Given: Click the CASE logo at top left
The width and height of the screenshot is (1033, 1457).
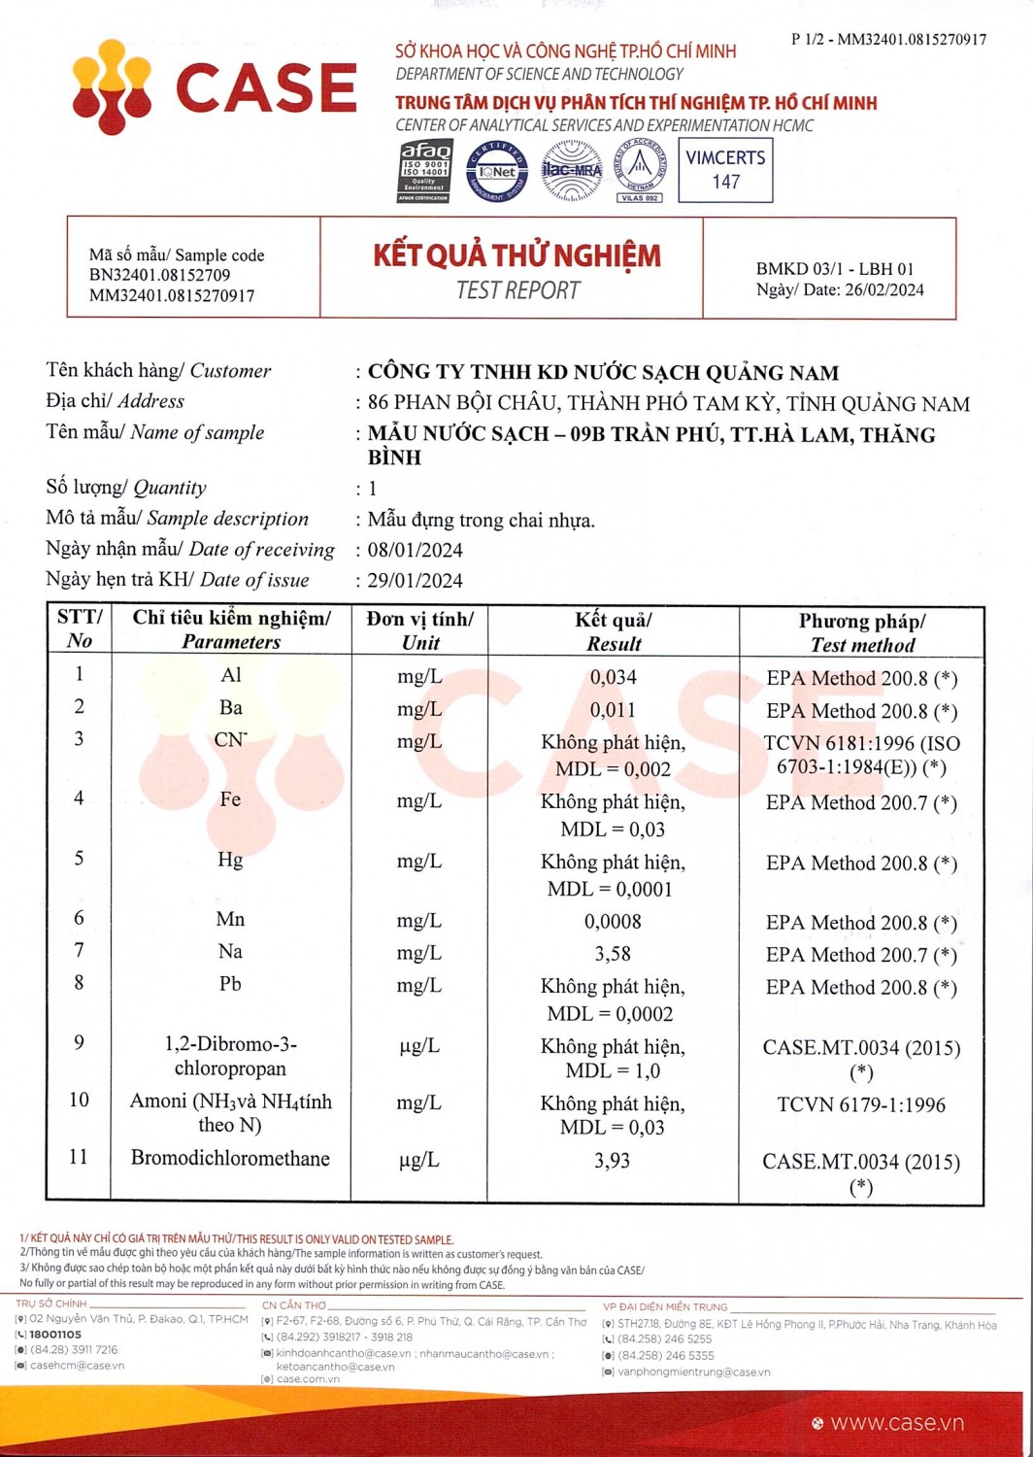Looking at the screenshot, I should coord(215,86).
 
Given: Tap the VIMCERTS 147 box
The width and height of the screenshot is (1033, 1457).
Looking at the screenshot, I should coord(725,170).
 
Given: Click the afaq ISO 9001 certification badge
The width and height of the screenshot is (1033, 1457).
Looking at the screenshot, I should coord(425,171).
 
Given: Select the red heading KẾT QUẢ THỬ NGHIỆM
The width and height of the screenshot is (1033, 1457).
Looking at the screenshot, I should coord(516,255).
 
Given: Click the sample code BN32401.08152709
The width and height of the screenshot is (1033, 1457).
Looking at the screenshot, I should coord(159,275).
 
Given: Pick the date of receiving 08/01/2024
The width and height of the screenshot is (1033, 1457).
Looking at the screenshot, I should coord(415,550).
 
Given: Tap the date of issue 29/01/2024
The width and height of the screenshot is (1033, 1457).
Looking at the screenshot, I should coord(415,581).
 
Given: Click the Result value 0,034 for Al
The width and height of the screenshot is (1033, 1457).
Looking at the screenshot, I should coord(613,677).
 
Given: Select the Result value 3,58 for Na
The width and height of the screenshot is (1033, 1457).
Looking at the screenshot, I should coord(613,954).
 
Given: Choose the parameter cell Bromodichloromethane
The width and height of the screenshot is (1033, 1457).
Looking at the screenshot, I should coord(230,1158).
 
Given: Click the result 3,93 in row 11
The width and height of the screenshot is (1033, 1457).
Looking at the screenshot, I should coord(612,1160).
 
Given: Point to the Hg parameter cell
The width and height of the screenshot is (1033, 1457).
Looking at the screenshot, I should coord(230,860).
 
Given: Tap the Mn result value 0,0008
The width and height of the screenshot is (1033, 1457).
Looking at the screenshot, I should coord(613,921).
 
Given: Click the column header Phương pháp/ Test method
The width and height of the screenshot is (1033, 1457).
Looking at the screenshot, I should coord(862,632).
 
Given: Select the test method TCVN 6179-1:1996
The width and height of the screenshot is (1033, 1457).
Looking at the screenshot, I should coord(861,1104).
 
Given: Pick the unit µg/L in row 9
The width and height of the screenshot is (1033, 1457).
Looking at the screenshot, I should coord(419,1046).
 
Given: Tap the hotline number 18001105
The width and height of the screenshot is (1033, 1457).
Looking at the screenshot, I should coord(55,1335).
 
